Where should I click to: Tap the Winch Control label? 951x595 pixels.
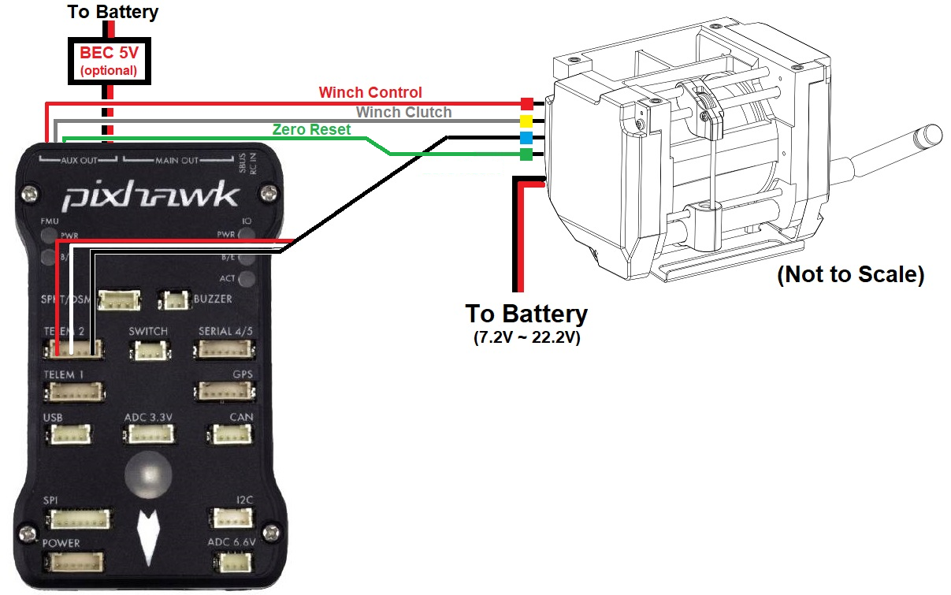click(x=370, y=93)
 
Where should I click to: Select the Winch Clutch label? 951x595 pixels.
click(x=403, y=113)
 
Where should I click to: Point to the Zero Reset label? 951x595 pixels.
click(x=311, y=130)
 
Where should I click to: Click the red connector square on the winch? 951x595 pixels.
click(x=526, y=103)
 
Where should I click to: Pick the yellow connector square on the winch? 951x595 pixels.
click(x=526, y=121)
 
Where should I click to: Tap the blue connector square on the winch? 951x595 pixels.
click(x=526, y=137)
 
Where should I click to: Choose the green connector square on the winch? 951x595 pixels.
click(x=526, y=154)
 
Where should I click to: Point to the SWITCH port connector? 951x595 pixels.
click(x=149, y=349)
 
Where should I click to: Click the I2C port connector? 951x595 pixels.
click(x=230, y=518)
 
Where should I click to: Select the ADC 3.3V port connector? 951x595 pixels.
click(x=148, y=433)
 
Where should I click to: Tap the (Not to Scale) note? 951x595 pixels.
click(x=849, y=276)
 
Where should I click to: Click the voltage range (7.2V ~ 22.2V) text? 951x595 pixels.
click(x=526, y=339)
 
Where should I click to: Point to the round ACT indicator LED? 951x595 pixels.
click(x=247, y=278)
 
